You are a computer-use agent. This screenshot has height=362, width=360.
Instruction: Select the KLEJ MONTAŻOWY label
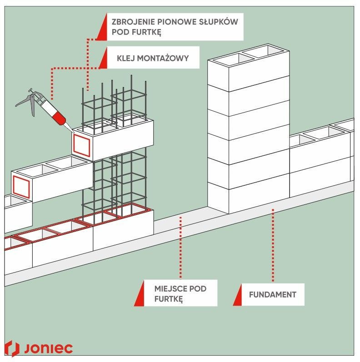pyautogui.click(x=152, y=58)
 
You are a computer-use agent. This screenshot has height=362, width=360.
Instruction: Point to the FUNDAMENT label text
pyautogui.click(x=272, y=295)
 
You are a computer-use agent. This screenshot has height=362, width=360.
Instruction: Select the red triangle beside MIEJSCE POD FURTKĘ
pyautogui.click(x=139, y=298)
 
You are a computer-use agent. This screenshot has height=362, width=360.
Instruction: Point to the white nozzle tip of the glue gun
pyautogui.click(x=69, y=128)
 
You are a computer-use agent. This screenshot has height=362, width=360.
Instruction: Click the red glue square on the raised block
pyautogui.click(x=82, y=145)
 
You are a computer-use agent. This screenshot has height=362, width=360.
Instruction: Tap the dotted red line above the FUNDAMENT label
pyautogui.click(x=273, y=245)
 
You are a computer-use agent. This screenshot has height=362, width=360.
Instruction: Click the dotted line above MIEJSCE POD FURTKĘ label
pyautogui.click(x=181, y=248)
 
